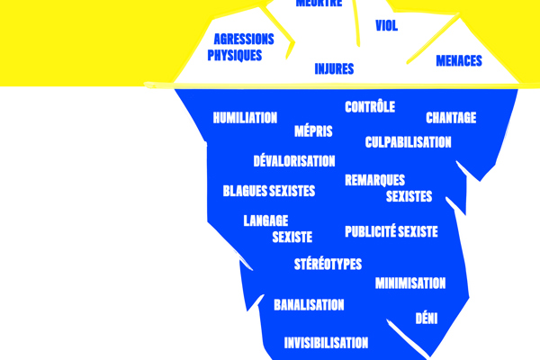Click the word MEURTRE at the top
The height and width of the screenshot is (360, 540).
(319, 3)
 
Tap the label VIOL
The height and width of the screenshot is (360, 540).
(387, 26)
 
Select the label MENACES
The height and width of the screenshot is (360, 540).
(459, 61)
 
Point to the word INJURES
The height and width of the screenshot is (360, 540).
(334, 68)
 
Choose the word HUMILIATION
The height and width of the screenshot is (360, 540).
(245, 118)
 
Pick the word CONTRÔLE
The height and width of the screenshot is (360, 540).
(370, 107)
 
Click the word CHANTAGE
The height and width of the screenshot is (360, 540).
(451, 118)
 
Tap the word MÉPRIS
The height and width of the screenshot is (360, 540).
(313, 131)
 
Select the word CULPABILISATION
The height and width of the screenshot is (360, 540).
(408, 142)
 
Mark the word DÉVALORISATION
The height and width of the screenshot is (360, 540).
(294, 162)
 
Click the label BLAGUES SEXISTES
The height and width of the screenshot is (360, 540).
(269, 191)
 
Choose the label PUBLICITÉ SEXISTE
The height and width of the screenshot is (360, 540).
(391, 231)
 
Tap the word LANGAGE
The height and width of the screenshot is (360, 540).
(266, 220)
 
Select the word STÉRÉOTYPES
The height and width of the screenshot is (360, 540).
(328, 264)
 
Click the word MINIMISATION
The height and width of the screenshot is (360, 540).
(410, 283)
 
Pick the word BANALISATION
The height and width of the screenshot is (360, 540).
(309, 304)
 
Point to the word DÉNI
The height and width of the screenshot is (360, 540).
(427, 318)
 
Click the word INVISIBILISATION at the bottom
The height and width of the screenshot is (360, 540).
(326, 343)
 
